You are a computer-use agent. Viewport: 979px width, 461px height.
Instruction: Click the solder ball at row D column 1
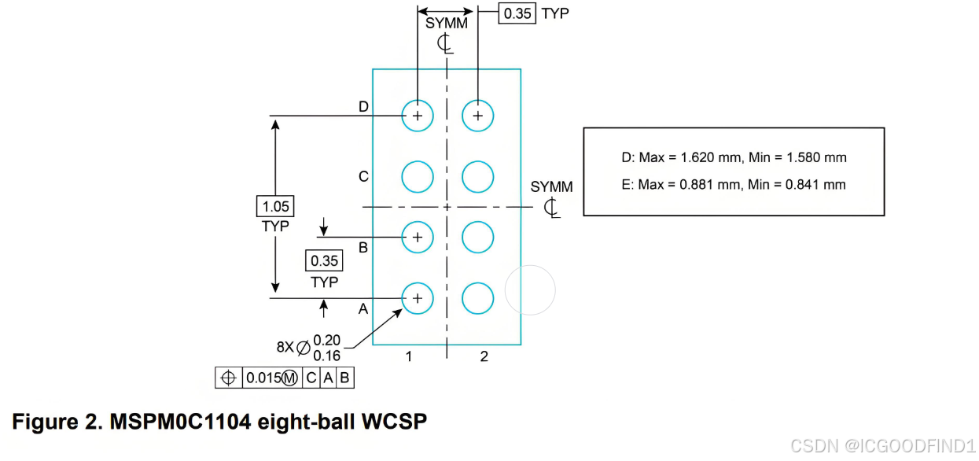(x=418, y=116)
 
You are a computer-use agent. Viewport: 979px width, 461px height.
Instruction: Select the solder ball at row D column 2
(x=477, y=116)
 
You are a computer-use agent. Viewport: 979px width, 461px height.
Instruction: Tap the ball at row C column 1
(x=418, y=176)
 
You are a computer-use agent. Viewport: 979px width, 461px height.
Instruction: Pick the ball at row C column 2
(x=477, y=176)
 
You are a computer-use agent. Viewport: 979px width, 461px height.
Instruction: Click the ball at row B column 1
(x=418, y=237)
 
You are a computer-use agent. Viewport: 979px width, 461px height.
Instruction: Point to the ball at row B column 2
(x=477, y=237)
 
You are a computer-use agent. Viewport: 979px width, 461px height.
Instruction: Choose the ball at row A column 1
(x=418, y=298)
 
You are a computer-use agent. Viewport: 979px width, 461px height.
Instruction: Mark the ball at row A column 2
(x=477, y=298)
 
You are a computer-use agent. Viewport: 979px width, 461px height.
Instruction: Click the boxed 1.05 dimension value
(x=275, y=207)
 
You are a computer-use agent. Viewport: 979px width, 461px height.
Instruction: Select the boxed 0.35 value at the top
(x=517, y=13)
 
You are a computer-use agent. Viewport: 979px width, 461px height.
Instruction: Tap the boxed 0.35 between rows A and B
(x=324, y=261)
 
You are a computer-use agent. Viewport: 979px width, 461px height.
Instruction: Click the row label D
(x=363, y=107)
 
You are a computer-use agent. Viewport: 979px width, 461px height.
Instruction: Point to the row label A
(x=363, y=309)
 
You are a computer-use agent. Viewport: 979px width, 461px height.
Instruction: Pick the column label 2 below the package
(x=484, y=356)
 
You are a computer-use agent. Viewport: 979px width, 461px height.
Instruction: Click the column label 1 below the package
(x=409, y=356)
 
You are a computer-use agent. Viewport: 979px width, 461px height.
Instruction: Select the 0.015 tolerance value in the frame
(x=263, y=378)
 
